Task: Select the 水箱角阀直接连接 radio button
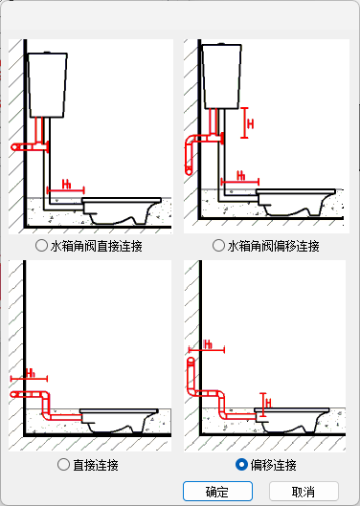(x=41, y=246)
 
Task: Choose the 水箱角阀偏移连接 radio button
(x=218, y=246)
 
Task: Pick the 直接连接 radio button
(x=63, y=465)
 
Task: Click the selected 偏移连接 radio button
(x=241, y=465)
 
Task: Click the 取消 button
(x=304, y=491)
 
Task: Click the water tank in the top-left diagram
(x=48, y=85)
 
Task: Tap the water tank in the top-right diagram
(x=222, y=77)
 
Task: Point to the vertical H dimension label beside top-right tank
(x=250, y=124)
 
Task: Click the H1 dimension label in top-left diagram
(x=66, y=185)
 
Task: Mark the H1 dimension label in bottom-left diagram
(x=30, y=373)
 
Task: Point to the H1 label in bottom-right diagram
(x=208, y=344)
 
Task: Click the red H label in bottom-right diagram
(x=268, y=403)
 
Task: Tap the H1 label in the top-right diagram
(x=240, y=176)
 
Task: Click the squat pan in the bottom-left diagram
(x=119, y=421)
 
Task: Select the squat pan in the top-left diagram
(x=122, y=210)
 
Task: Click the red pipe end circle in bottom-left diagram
(x=14, y=394)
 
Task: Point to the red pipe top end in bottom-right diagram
(x=191, y=361)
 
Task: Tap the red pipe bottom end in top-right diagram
(x=189, y=171)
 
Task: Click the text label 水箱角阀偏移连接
(x=274, y=246)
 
